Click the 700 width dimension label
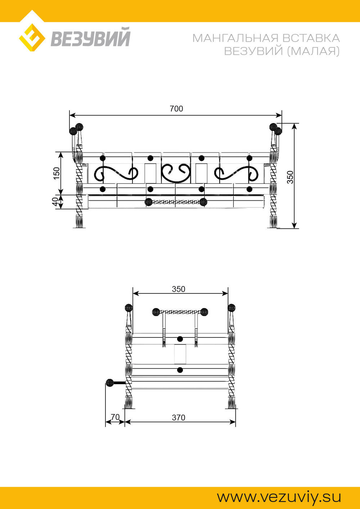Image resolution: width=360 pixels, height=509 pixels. pos(176,109)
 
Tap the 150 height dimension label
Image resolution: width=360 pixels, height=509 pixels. pos(57,173)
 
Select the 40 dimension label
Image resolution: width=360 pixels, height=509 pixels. pos(55,202)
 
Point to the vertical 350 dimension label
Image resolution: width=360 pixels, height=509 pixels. pos(291,177)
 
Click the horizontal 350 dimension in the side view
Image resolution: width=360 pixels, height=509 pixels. pos(179,289)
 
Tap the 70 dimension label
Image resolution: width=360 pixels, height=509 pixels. pos(115,417)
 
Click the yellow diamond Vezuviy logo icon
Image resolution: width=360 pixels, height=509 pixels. pos(32,37)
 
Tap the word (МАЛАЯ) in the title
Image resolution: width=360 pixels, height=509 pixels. pos(313,51)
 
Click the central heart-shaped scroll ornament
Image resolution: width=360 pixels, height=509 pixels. pos(176,173)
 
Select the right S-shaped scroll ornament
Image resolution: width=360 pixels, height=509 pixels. pos(236,174)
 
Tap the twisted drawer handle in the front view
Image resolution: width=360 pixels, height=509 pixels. pos(176,201)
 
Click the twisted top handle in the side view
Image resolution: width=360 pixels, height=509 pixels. pos(180,312)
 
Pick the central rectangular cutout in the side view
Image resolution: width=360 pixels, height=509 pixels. pos(180,354)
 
